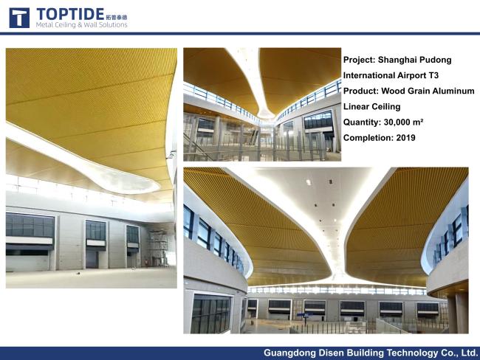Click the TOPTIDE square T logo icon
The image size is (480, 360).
[x=19, y=18]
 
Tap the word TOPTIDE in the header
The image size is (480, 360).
[x=70, y=14]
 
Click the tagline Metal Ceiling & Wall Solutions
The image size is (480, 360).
[x=81, y=25]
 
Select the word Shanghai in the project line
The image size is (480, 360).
[x=394, y=60]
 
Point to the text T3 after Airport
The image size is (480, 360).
[x=433, y=75]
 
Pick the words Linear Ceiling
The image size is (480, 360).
[x=371, y=107]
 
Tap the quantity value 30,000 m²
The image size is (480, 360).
[x=403, y=122]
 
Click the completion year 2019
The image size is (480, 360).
[x=405, y=138]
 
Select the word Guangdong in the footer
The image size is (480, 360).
[x=290, y=353]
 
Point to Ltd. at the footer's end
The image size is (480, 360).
[x=470, y=353]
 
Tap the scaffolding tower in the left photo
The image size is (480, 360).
[x=159, y=248]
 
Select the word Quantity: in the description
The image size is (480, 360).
[x=362, y=122]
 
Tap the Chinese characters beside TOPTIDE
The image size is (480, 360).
[x=117, y=18]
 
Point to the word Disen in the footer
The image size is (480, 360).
[x=332, y=353]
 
